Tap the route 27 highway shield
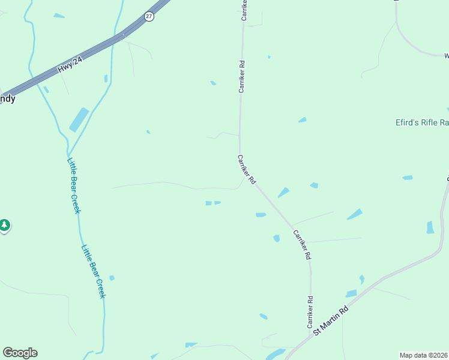click(149, 17)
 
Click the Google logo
click(20, 353)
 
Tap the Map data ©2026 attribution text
click(424, 355)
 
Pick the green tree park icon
click(5, 226)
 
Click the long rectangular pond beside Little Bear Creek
click(79, 119)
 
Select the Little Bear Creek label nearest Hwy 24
click(74, 185)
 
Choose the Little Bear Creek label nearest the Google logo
click(94, 271)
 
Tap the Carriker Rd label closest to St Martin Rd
click(310, 312)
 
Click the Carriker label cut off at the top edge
click(244, 10)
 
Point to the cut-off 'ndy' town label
click(7, 99)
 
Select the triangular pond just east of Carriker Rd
click(283, 193)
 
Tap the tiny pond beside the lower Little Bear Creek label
click(112, 278)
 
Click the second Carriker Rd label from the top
click(241, 76)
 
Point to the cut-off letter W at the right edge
click(446, 56)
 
